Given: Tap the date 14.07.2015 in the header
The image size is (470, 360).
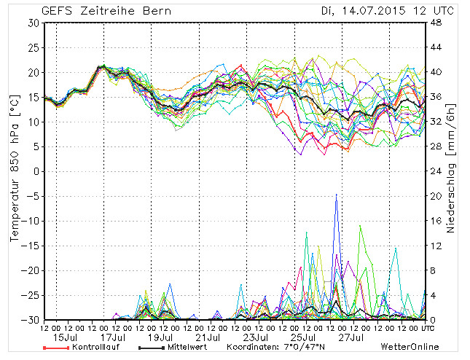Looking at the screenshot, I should pos(361,11).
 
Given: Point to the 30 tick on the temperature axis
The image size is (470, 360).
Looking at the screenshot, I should pos(33,23).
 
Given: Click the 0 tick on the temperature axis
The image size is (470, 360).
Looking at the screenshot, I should pos(36,171).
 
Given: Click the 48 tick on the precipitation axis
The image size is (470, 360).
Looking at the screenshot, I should pos(434,23).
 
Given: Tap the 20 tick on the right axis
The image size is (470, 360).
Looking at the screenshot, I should pos(434,196).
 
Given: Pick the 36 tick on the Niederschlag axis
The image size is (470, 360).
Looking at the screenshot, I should pos(434,97).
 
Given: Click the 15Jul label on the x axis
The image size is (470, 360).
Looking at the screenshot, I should pos(66,337).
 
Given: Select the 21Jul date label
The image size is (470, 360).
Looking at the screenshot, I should pos(208,337).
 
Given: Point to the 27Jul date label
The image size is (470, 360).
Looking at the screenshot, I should pos(351,337).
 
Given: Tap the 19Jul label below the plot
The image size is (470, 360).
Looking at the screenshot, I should pos(161,337).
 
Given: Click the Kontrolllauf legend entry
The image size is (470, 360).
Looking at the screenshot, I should pos(93,348).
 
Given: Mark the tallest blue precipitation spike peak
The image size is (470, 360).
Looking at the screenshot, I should pos(336,195).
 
